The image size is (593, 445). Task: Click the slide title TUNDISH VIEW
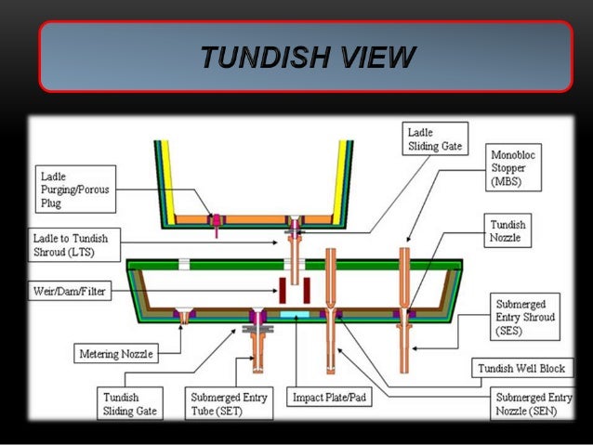pos(306,58)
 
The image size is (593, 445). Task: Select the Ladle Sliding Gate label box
pos(433,139)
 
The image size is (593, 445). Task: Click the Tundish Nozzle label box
pos(507,230)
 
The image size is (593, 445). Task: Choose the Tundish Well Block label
pos(520,368)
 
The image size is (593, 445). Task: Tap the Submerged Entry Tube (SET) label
pos(228,404)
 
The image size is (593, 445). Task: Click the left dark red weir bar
pos(283,290)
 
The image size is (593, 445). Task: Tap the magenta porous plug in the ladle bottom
pos(214,220)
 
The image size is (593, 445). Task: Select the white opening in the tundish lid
pos(184,265)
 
